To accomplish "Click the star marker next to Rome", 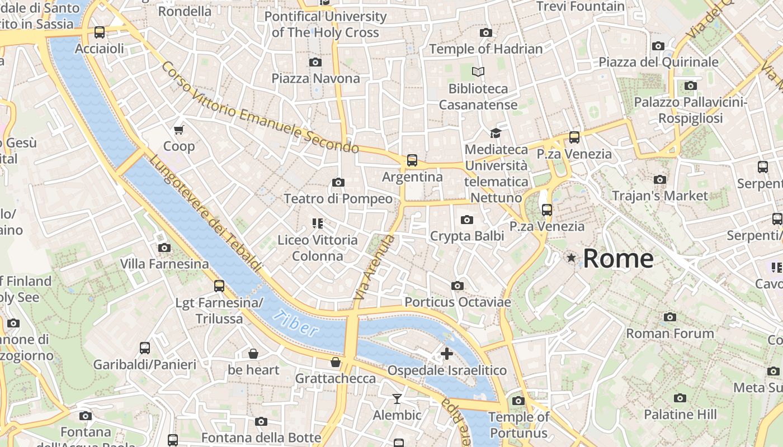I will tap(571, 258).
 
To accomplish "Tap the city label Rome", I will tap(618, 259).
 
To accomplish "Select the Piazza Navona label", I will tap(315, 78).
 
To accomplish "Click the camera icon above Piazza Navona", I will tap(315, 62).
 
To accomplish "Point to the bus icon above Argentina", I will tap(412, 160).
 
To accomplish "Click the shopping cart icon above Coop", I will tap(179, 130).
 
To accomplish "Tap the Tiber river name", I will tap(296, 323).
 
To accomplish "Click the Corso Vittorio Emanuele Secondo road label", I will tap(260, 107).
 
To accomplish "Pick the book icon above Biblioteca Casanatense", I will tap(478, 72).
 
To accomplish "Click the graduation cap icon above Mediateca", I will tap(496, 133).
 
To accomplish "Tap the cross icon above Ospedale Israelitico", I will tap(447, 354).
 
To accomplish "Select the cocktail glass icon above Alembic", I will tap(397, 398).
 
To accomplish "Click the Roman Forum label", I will tap(669, 334).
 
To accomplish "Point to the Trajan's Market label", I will tap(660, 196).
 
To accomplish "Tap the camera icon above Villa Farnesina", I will tap(164, 248).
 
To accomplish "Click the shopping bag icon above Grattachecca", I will tap(336, 362).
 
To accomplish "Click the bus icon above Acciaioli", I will tap(100, 32).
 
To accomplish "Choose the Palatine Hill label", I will tap(680, 415).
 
